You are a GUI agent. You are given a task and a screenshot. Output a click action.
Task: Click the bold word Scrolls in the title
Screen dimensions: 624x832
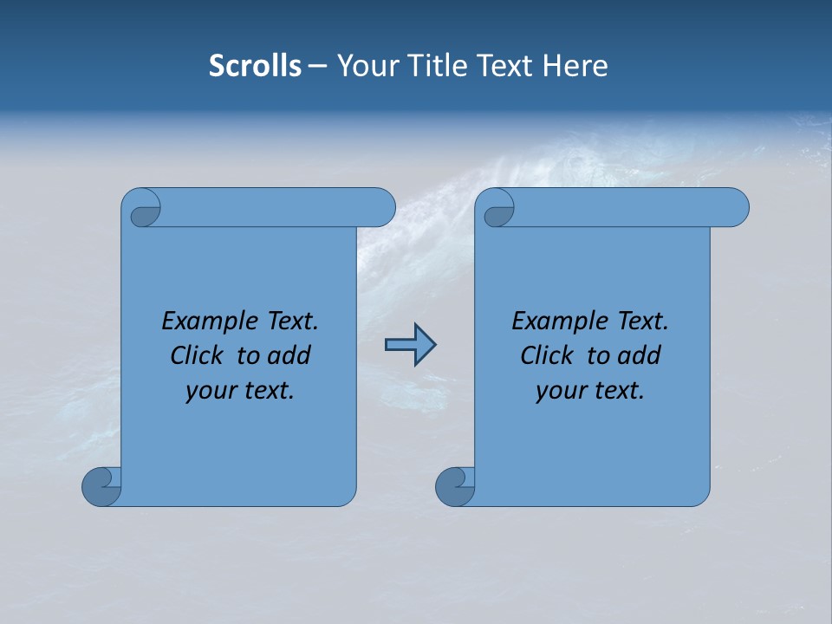[256, 66]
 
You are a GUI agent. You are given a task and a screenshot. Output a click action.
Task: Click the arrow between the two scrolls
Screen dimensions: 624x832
[410, 345]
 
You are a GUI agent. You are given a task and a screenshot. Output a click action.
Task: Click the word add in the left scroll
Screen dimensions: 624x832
[290, 356]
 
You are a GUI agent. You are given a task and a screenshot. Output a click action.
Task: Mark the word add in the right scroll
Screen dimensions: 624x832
[640, 356]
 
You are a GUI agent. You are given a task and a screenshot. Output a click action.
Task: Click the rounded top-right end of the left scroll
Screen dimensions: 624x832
[381, 207]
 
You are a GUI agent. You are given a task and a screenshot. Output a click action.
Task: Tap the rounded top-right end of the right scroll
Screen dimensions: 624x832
[735, 207]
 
